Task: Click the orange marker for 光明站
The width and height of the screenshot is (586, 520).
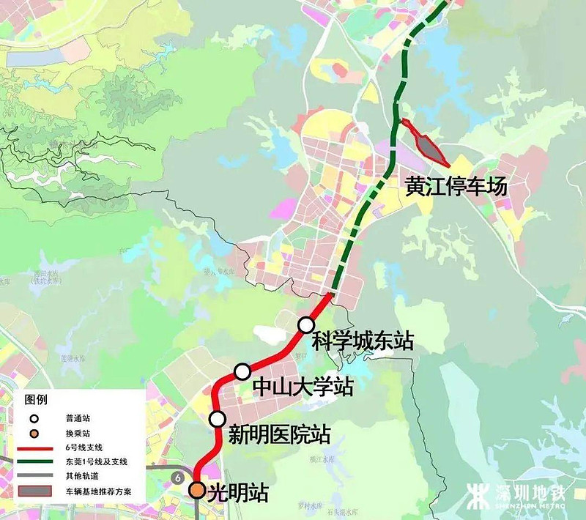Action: [198, 491]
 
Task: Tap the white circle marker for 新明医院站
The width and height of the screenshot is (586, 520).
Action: [217, 419]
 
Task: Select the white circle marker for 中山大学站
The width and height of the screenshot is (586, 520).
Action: [242, 372]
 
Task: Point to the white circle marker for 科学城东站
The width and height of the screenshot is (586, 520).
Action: [305, 324]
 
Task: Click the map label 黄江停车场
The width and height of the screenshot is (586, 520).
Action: [456, 187]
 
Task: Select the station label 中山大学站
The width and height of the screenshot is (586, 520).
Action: [303, 386]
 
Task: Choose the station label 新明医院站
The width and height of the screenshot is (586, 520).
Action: [279, 435]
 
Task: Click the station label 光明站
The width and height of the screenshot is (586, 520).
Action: [238, 493]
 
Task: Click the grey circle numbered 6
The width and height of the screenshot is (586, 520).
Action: [177, 478]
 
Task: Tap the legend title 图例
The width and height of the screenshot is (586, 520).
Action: [36, 401]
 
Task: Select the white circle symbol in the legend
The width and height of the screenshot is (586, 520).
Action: [33, 418]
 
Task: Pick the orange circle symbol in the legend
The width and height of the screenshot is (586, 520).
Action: [33, 433]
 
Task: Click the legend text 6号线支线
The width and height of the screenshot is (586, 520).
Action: [84, 447]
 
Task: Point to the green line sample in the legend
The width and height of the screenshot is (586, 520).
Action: [37, 461]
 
